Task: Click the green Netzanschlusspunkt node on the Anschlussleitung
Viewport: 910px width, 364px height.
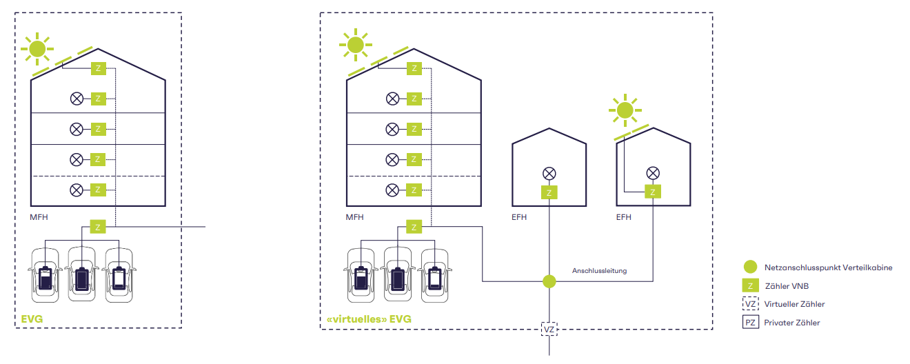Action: coord(549,281)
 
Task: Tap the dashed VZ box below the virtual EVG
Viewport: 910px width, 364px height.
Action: coord(549,330)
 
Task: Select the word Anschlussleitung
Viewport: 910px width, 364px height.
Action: coord(599,271)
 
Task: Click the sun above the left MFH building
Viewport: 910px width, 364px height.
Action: coord(37,48)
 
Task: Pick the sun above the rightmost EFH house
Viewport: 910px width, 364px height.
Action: coord(625,110)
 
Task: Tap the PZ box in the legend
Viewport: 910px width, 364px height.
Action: coord(751,322)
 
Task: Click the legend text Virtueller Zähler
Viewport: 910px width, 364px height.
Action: coord(794,304)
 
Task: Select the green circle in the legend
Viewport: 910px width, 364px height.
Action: coord(751,267)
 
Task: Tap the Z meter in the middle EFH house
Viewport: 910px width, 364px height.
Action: coord(549,192)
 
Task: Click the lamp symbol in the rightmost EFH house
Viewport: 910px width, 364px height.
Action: coord(652,173)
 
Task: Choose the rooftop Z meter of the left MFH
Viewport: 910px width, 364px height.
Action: coord(98,68)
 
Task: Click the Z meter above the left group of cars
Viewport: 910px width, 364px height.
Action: coord(98,227)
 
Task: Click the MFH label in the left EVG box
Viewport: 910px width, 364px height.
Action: coord(39,217)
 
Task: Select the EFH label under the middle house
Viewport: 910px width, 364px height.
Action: coord(520,217)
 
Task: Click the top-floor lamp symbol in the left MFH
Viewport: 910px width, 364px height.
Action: coord(77,99)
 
